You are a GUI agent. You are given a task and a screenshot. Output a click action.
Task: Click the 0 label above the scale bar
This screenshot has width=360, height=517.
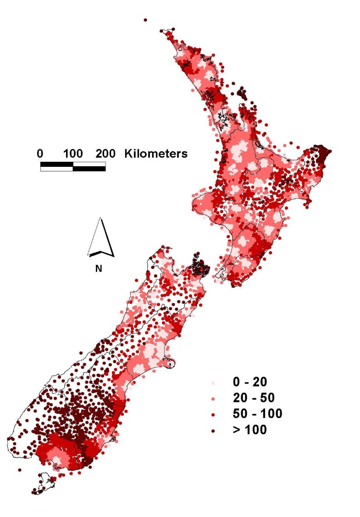(x=40, y=154)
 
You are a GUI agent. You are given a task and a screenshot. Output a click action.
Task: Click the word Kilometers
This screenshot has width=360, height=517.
(x=156, y=154)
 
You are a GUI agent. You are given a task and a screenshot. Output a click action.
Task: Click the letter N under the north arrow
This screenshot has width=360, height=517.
(x=98, y=269)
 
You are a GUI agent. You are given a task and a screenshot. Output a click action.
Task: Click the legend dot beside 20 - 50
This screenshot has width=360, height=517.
(x=214, y=398)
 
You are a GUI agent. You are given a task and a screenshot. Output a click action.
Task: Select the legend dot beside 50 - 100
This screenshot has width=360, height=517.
(x=214, y=414)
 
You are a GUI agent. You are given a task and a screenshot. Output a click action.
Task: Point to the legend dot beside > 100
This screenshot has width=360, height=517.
(x=214, y=430)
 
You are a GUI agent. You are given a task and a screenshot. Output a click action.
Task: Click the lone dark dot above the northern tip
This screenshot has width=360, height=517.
(x=145, y=20)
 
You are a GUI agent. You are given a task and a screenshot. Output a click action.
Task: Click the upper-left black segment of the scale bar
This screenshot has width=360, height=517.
(x=56, y=164)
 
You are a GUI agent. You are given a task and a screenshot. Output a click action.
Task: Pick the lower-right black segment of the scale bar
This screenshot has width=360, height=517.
(x=89, y=168)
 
